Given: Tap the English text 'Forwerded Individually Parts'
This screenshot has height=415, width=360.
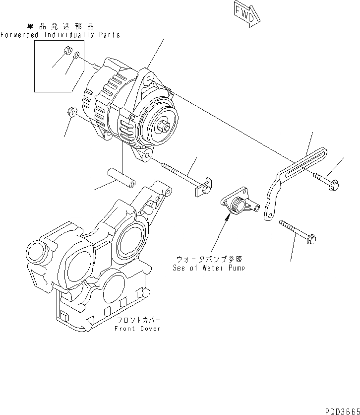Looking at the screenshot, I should click(x=60, y=35).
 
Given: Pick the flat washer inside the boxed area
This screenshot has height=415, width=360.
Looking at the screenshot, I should click(x=76, y=58).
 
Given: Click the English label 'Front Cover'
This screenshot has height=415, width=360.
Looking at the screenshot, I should click(x=137, y=329).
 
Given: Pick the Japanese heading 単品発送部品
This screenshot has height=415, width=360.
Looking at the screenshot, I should click(x=60, y=26).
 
